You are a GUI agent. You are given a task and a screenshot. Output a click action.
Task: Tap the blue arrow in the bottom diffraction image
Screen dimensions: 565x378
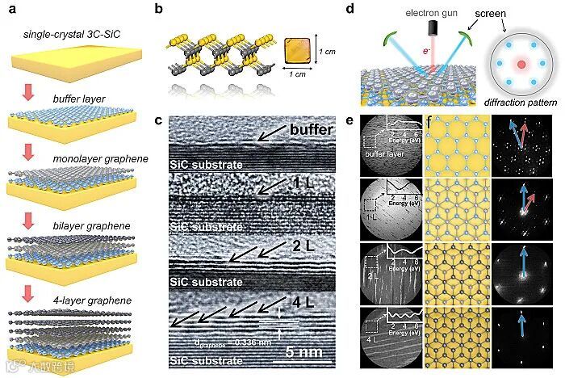pos(524,324)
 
